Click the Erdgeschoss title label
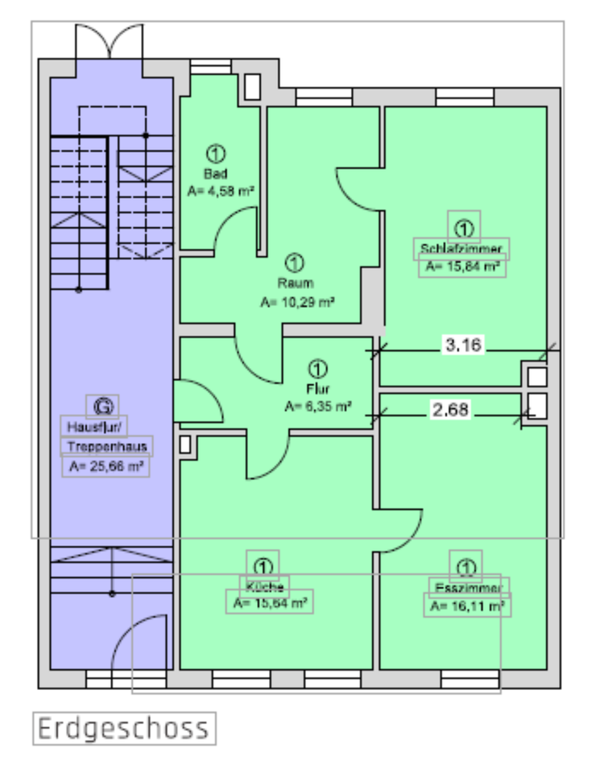(x=124, y=729)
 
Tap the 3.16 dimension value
(x=463, y=346)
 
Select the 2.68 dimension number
(x=450, y=410)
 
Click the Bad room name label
(x=215, y=174)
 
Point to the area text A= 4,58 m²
(x=221, y=192)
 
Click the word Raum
(x=295, y=283)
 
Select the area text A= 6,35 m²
(x=318, y=407)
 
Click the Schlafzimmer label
(x=462, y=248)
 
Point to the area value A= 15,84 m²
(x=462, y=267)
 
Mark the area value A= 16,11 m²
(x=468, y=606)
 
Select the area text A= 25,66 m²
(x=105, y=465)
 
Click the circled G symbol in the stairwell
(x=103, y=404)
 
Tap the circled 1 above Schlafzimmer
(x=463, y=227)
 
